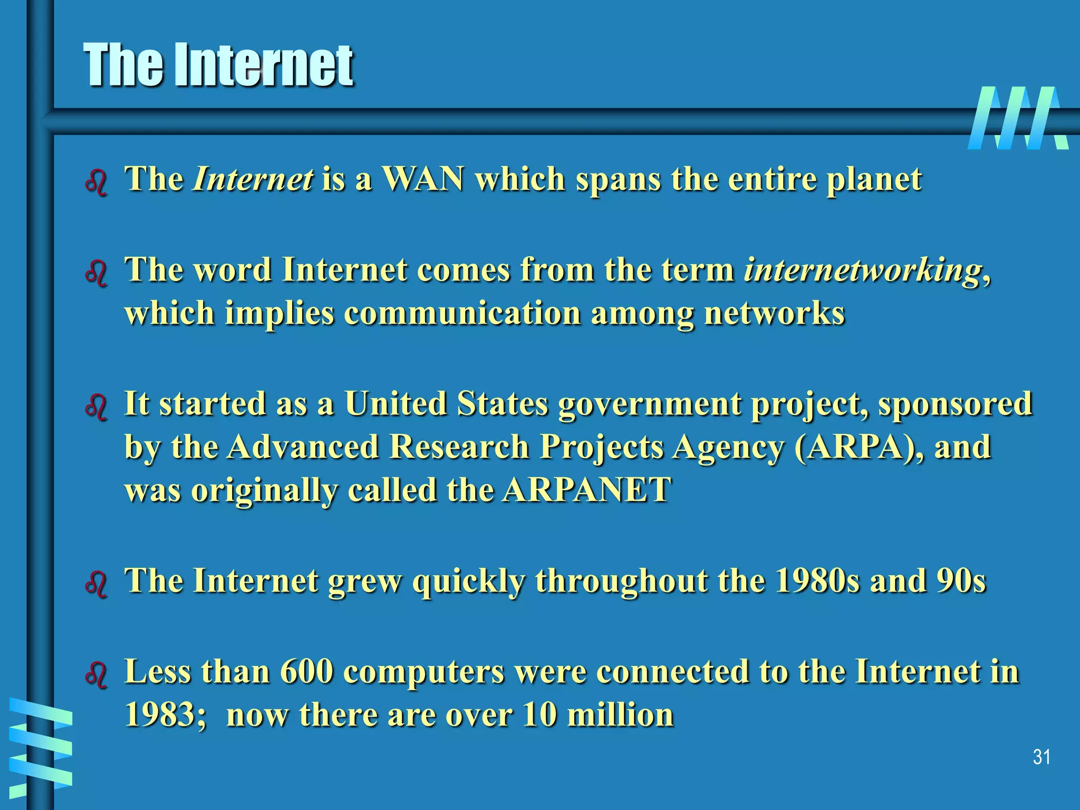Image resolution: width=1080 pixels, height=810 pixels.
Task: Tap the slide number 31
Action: click(1042, 757)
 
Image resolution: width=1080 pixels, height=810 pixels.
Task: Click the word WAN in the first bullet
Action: click(423, 179)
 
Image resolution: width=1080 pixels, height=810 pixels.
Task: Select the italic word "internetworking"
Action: click(863, 269)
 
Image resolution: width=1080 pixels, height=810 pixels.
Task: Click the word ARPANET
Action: click(586, 490)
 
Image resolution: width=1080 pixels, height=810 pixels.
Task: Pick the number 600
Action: click(306, 671)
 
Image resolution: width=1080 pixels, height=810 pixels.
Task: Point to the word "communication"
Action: click(462, 313)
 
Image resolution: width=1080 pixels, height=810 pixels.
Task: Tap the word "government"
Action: click(650, 404)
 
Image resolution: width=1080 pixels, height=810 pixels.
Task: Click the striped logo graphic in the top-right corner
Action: click(1018, 118)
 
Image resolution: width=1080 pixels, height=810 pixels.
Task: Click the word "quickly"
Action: click(469, 582)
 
